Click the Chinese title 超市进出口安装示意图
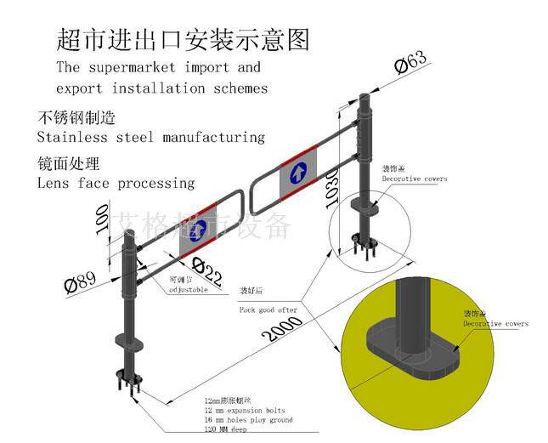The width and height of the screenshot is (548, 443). coord(182,39)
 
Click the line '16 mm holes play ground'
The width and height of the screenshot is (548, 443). coord(248,420)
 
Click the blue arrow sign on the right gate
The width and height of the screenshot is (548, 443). coord(298,173)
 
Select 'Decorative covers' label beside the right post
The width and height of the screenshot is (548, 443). coord(414,179)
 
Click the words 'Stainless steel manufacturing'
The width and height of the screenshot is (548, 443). coord(151,137)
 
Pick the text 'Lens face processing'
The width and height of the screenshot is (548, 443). coord(116,183)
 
